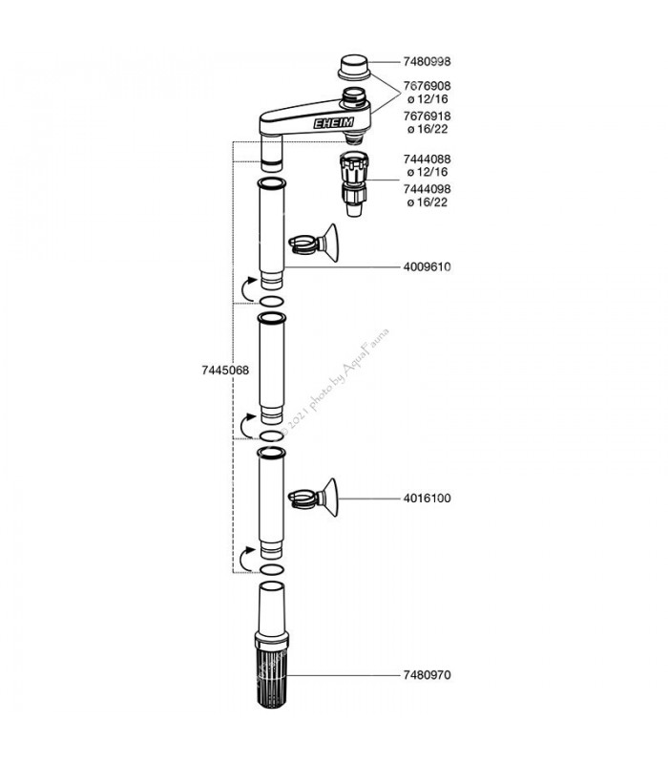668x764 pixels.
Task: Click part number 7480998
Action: coord(427,62)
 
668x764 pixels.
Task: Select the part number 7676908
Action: coord(427,86)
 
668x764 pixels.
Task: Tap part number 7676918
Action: coord(427,117)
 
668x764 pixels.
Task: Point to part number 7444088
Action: coord(427,159)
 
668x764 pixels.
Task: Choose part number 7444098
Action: coord(427,189)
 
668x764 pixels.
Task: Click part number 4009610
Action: coord(427,267)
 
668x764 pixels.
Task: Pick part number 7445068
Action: coord(225,371)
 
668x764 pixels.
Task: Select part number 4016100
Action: coord(427,499)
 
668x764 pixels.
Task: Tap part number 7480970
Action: coord(427,675)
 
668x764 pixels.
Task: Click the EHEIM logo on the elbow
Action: coord(333,123)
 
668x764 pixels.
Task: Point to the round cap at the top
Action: coord(354,67)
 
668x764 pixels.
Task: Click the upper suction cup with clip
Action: coord(314,244)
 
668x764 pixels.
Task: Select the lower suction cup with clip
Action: coord(314,498)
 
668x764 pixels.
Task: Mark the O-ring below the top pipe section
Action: coord(271,301)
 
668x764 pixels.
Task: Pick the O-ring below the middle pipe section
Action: coord(271,435)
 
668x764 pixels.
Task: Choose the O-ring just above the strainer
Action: coord(273,569)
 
